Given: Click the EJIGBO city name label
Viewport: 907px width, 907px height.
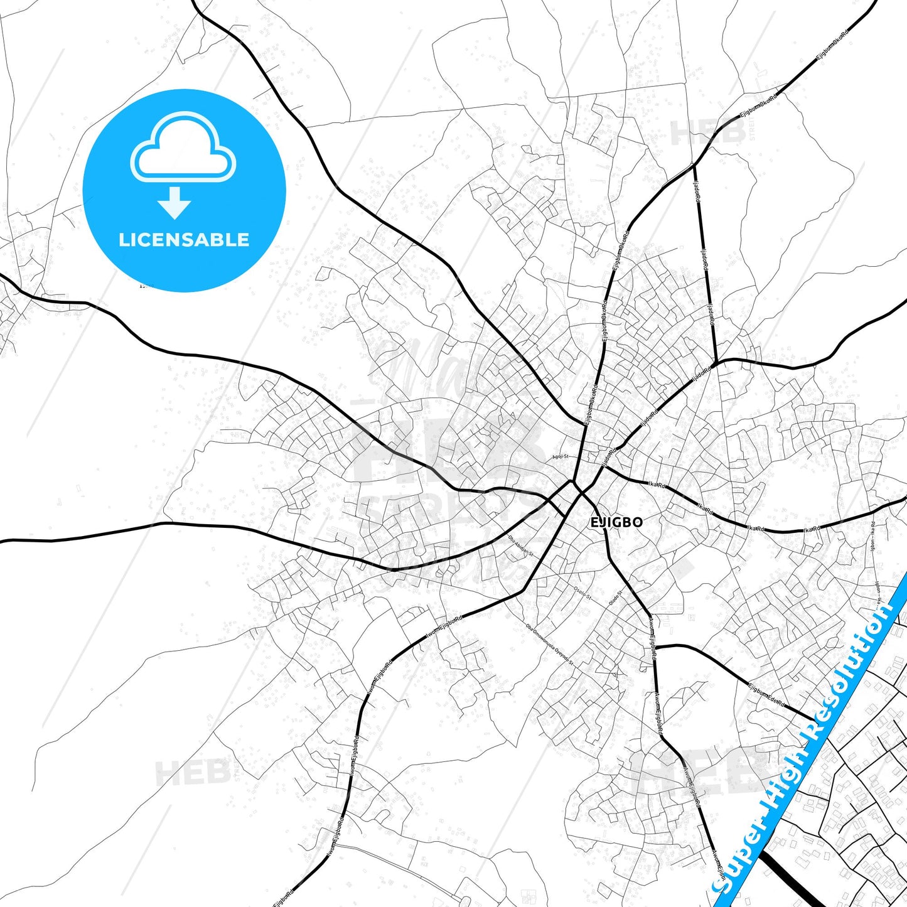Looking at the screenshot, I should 616,522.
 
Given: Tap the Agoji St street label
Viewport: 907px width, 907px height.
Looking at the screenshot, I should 560,457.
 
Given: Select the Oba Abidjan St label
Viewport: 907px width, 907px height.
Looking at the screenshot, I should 520,546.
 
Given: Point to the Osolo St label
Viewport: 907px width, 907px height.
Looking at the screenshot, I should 582,593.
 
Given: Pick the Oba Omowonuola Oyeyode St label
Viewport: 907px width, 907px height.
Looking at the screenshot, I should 550,644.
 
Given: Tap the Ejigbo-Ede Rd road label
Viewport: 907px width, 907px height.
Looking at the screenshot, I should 766,695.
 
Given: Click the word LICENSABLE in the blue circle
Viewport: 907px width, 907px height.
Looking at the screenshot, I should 184,240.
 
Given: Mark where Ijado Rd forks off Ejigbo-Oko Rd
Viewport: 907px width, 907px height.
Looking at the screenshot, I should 694,165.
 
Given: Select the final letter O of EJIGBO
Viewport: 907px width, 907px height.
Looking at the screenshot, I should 637,522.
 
